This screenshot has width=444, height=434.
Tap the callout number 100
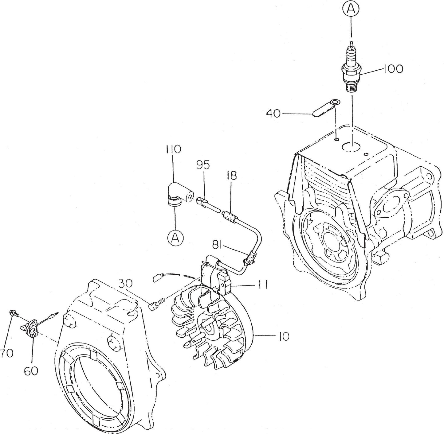(x=393, y=69)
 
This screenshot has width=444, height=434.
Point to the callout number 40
(x=273, y=114)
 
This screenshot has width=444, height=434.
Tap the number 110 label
(x=173, y=149)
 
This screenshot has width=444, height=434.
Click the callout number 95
(x=203, y=165)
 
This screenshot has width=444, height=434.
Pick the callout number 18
(x=232, y=176)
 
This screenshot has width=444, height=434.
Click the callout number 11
(x=261, y=285)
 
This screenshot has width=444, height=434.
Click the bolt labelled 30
(x=156, y=304)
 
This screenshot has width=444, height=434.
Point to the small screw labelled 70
(x=14, y=313)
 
